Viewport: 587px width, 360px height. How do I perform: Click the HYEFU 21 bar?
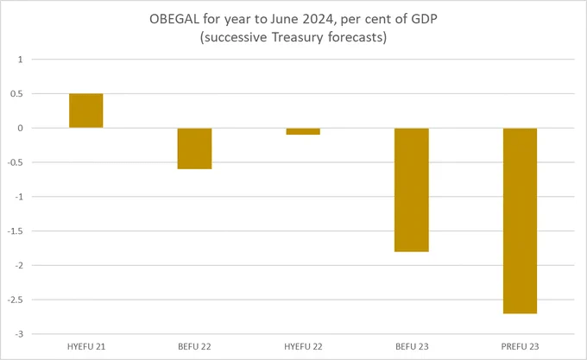[86, 111]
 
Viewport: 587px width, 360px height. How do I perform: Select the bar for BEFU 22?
[195, 148]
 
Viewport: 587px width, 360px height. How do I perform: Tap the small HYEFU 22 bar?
[303, 131]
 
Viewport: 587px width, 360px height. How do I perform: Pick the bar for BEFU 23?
[412, 190]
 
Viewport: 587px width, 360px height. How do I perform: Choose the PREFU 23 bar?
[521, 220]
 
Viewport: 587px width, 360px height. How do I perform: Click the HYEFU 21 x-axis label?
[86, 345]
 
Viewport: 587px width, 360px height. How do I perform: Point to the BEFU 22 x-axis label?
[195, 345]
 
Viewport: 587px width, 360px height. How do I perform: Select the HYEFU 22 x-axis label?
[303, 345]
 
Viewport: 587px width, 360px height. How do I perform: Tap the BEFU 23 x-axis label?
[412, 345]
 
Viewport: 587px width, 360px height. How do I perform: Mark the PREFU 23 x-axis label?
[521, 345]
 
